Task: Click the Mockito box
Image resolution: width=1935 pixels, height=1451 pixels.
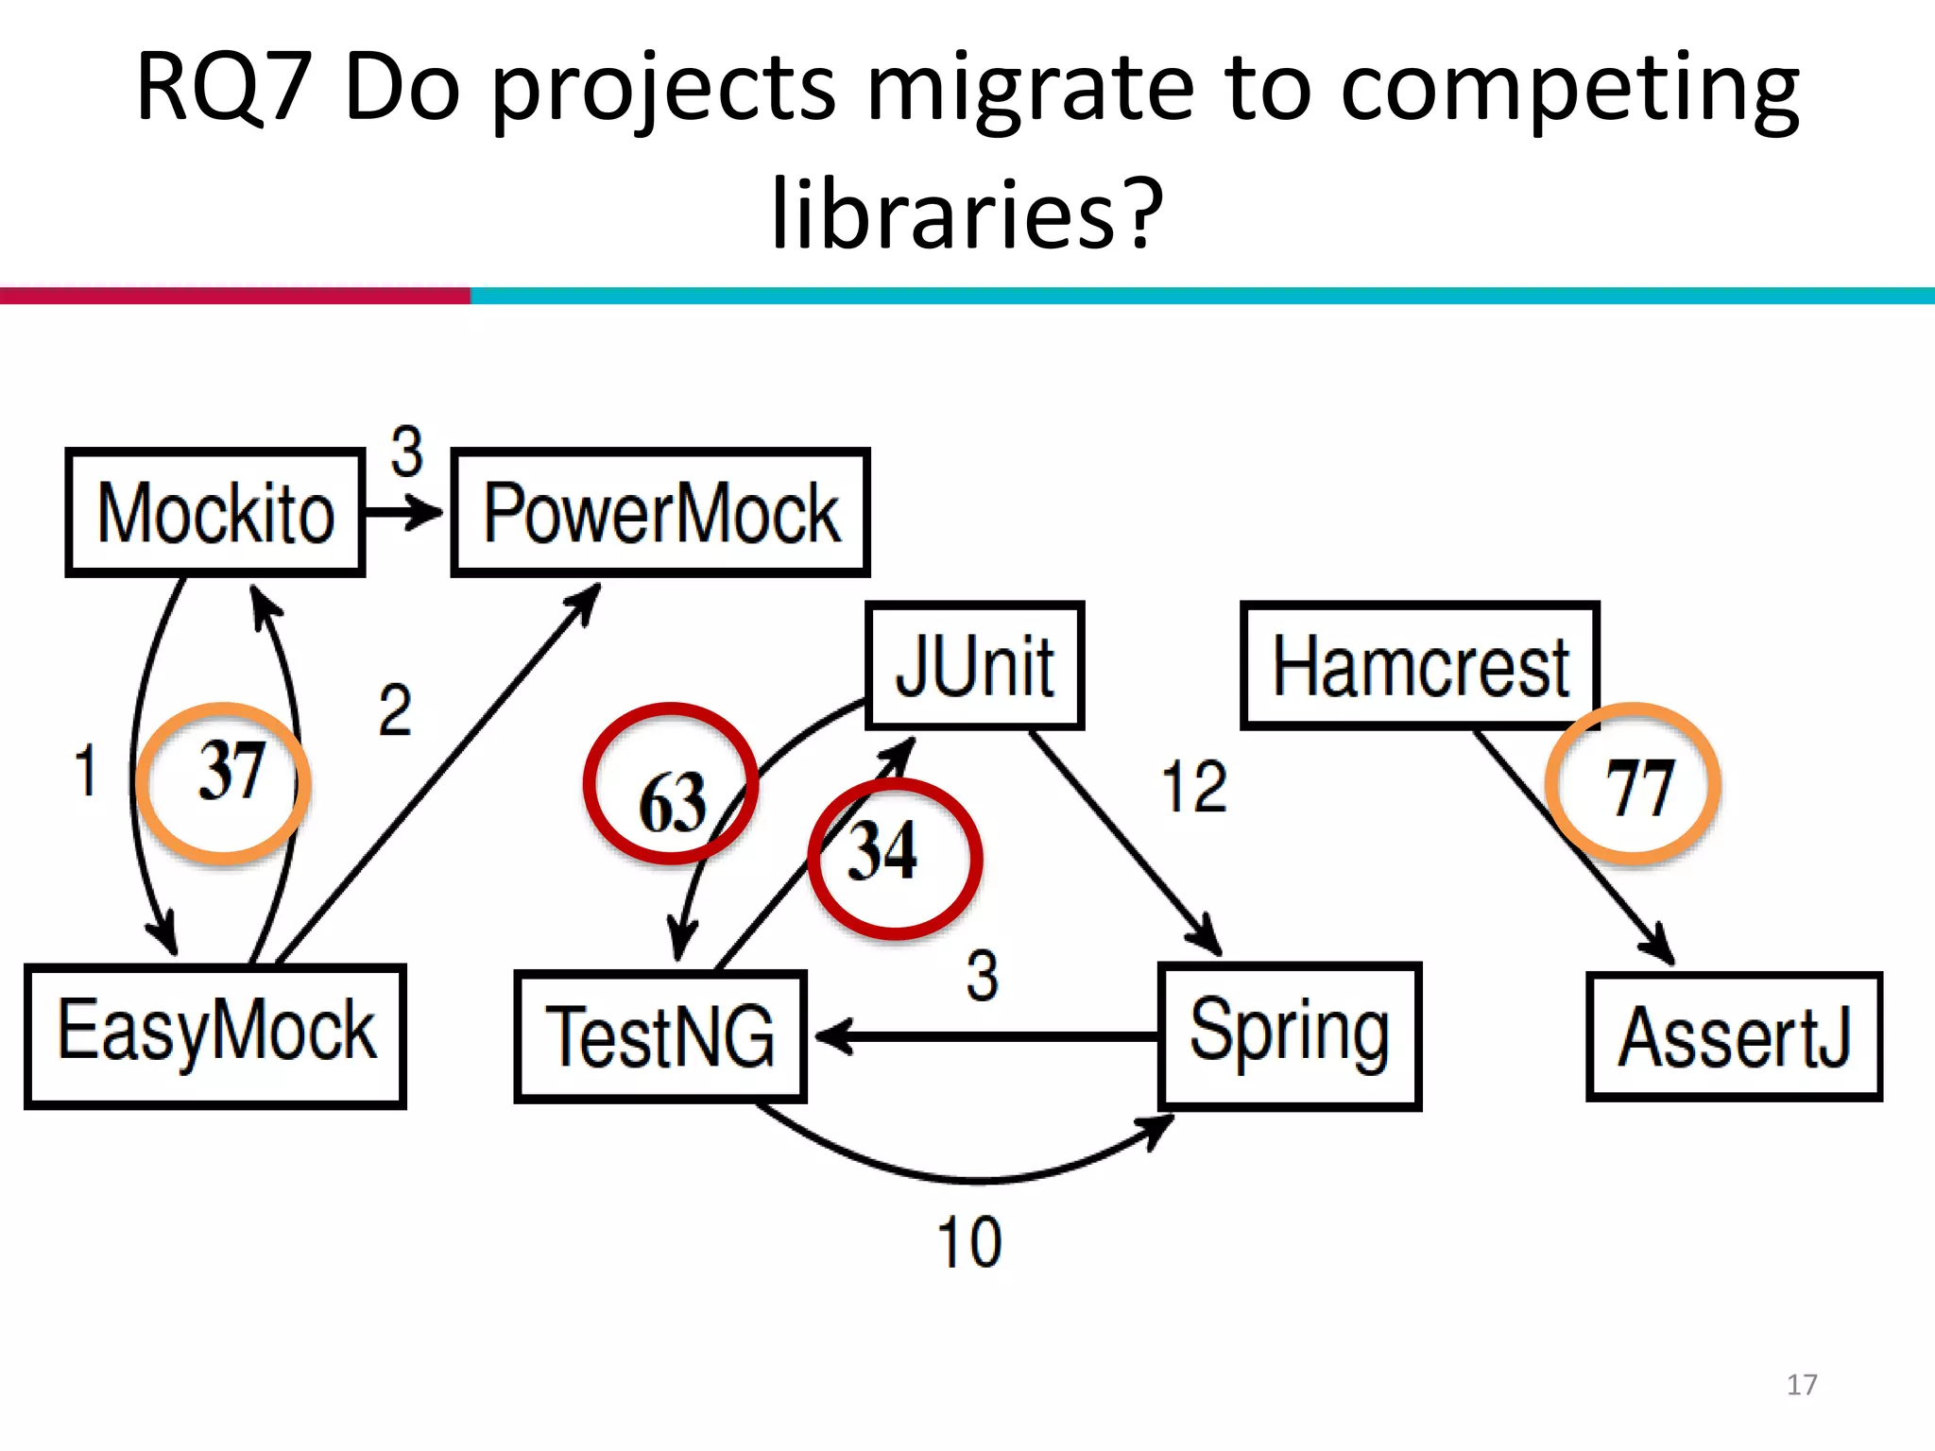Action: coord(214,512)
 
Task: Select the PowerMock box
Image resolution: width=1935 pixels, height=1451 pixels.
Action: coord(659,512)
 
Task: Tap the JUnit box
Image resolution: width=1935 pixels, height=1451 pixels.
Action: coord(974,665)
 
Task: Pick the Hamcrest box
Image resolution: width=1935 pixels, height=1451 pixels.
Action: coord(1419,665)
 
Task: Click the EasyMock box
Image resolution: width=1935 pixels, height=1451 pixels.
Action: coord(215,1035)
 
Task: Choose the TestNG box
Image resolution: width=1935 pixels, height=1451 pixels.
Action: coord(659,1036)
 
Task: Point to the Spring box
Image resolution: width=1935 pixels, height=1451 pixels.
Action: coord(1289,1035)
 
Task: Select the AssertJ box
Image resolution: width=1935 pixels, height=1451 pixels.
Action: coord(1734,1036)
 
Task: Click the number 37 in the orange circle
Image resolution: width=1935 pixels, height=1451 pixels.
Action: coord(230,772)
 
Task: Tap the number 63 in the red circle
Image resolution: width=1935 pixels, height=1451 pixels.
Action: coord(672,803)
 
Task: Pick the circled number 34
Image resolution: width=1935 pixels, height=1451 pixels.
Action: coord(882,850)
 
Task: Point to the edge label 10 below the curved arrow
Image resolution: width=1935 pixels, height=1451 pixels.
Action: coord(968,1241)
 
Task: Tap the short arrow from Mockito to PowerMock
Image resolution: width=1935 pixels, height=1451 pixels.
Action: coord(404,513)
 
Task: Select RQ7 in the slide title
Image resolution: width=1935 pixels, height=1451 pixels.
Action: coord(223,87)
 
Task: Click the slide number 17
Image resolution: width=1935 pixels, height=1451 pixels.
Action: coord(1801,1384)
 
